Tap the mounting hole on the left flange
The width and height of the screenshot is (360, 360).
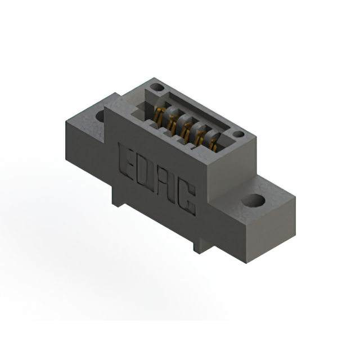(101, 116)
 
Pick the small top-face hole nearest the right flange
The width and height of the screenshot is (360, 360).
(238, 135)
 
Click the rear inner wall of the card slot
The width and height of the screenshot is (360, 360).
(197, 115)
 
